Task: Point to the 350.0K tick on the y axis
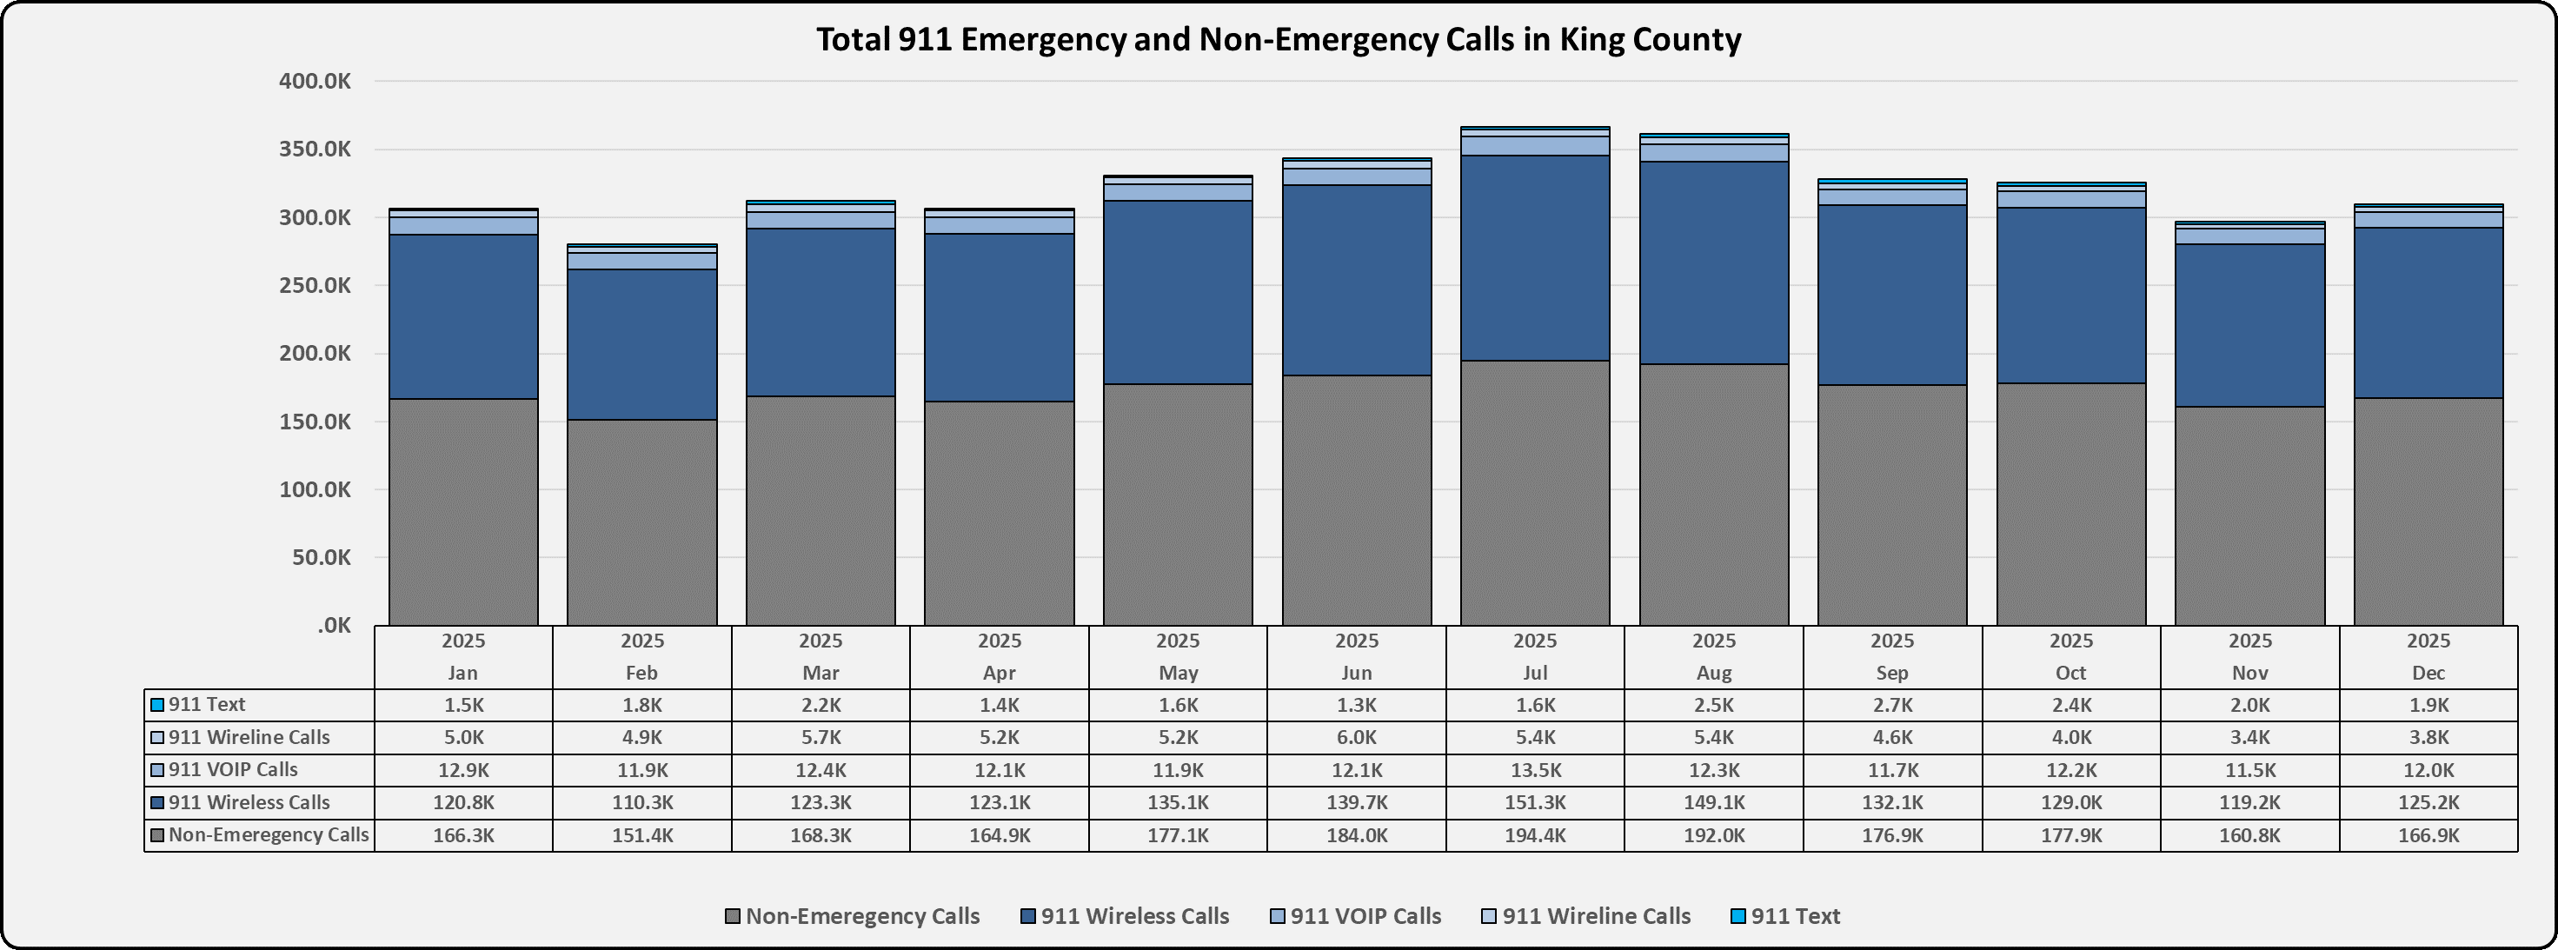pos(315,149)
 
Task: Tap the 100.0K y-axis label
pos(315,489)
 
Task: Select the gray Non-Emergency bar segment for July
pos(1535,494)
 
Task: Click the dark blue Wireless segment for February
pos(641,344)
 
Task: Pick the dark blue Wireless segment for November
pos(2249,326)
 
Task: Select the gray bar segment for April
pos(999,513)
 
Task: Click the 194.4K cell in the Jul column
pos(1535,836)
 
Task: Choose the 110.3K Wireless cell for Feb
pos(641,803)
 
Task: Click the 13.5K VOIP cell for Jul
pos(1535,770)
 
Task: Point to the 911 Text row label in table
pos(207,705)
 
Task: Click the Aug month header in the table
pos(1714,673)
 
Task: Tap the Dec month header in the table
pos(2428,673)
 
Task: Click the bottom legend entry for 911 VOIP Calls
pos(1365,916)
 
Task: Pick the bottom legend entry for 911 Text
pos(1794,916)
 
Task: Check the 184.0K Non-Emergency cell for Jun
pos(1357,836)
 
